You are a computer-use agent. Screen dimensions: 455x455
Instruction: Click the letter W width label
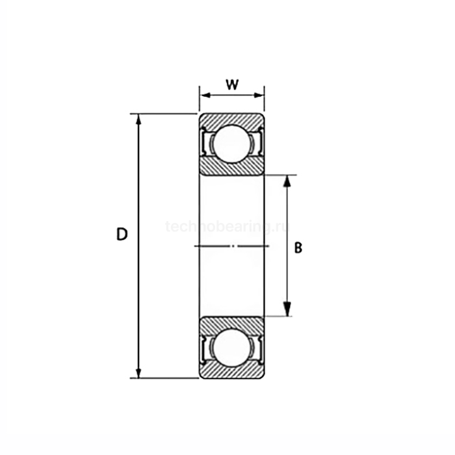coord(231,84)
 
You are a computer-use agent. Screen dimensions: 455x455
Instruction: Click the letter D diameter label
coord(122,235)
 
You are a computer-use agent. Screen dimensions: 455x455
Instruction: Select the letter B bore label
coord(298,248)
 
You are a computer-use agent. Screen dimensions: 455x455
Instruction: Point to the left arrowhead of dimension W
coord(203,96)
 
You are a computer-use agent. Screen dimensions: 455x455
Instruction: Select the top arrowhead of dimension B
coord(287,180)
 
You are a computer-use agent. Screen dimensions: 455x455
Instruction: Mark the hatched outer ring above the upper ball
coord(231,120)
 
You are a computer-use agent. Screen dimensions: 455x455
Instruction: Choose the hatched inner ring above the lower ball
coord(231,323)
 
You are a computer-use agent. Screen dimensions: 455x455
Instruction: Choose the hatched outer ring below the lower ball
coord(231,372)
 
